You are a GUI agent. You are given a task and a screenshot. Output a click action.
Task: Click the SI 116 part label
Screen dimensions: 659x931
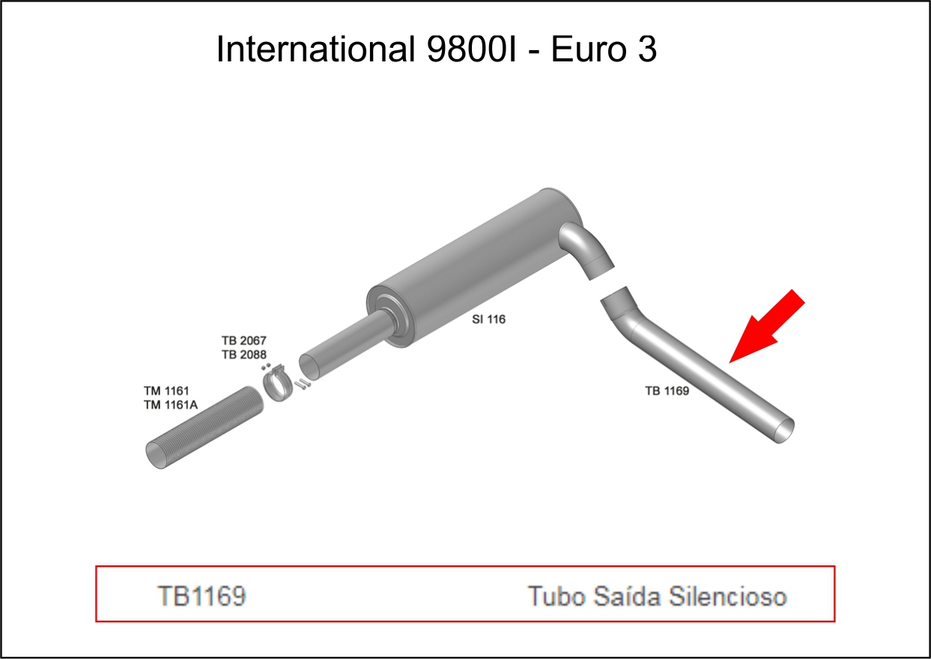click(x=488, y=319)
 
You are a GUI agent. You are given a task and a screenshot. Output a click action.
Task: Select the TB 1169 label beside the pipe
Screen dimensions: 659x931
click(x=667, y=390)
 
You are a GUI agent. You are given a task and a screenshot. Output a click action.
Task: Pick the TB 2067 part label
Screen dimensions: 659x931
click(x=243, y=341)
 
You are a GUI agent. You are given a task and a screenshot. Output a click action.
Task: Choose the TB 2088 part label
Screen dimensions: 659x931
click(x=243, y=354)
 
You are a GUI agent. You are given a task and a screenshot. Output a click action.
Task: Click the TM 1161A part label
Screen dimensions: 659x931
click(x=170, y=405)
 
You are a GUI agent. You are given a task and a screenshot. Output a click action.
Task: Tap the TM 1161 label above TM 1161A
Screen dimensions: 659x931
click(x=166, y=391)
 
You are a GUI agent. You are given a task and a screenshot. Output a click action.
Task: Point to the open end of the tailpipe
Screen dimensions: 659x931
click(x=783, y=430)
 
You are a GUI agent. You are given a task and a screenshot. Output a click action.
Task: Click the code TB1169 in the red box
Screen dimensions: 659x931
click(x=201, y=596)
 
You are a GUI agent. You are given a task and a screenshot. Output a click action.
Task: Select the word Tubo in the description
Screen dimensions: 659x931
click(x=557, y=596)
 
